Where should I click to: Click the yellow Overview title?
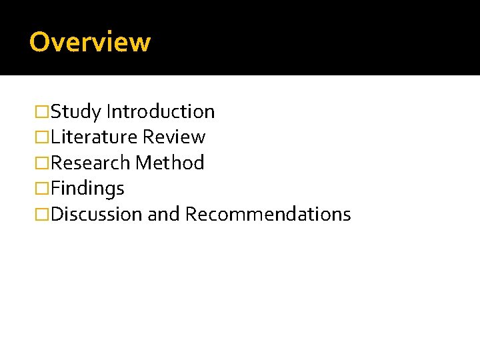90,42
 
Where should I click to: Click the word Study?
76,111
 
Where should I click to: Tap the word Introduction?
160,111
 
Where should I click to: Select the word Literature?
95,137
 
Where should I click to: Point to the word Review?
174,137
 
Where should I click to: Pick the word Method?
169,163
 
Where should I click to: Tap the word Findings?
87,189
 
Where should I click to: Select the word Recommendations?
268,215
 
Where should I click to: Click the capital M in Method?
143,163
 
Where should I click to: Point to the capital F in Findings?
55,189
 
